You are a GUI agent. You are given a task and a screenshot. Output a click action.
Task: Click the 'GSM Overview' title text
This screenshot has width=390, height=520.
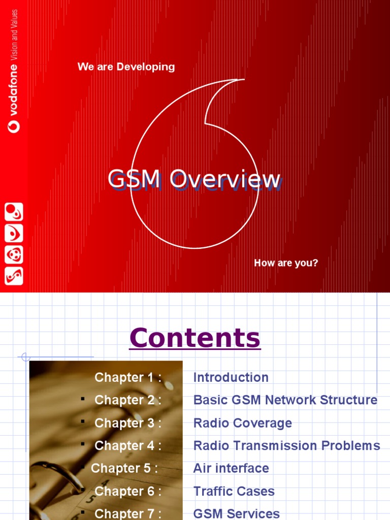click(194, 179)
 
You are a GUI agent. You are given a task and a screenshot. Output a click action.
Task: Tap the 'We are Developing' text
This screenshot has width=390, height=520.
click(126, 67)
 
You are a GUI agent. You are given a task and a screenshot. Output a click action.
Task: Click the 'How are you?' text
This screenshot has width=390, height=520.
click(286, 263)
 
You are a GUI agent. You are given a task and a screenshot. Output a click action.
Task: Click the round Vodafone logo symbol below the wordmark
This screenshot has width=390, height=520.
click(14, 126)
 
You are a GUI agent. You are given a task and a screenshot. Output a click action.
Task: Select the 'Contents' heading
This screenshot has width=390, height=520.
click(195, 338)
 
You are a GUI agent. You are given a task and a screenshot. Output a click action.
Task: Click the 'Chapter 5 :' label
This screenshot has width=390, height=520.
click(124, 468)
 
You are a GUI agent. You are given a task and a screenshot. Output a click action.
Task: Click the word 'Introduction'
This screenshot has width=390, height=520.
click(231, 377)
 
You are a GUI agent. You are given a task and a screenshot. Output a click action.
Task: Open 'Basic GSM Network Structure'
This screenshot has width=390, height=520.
click(285, 400)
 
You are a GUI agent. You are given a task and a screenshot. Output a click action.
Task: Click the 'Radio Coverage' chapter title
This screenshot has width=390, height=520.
click(243, 423)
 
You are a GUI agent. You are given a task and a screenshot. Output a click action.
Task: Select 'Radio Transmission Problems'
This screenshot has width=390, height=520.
click(287, 446)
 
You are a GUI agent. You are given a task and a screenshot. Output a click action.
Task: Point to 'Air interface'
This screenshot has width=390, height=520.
click(231, 468)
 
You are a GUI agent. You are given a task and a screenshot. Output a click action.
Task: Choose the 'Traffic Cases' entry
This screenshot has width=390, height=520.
click(234, 491)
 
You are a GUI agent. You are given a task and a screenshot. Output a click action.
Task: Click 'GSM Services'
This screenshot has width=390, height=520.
click(237, 513)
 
